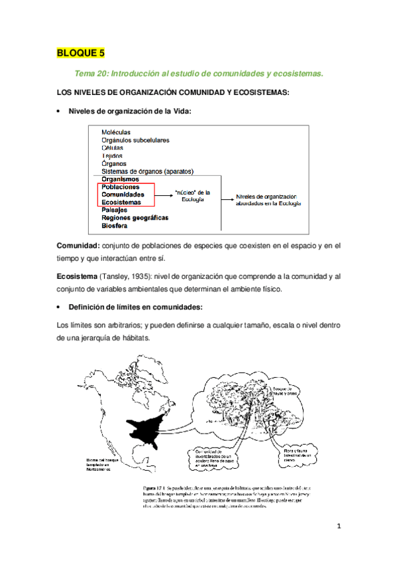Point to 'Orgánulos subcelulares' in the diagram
[135, 140]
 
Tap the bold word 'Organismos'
[121, 179]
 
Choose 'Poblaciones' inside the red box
[121, 187]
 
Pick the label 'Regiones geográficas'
[135, 218]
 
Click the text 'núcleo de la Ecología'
[192, 195]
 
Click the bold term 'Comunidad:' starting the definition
[78, 246]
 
